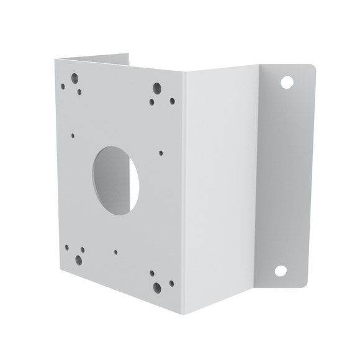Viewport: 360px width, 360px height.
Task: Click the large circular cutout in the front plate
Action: [x=115, y=181]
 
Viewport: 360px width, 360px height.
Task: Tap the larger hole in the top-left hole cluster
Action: [x=74, y=79]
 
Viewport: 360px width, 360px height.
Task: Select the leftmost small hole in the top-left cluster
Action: [x=63, y=87]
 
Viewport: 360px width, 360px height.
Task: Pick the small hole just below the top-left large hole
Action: [x=79, y=92]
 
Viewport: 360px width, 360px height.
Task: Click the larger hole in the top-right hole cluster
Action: [x=157, y=89]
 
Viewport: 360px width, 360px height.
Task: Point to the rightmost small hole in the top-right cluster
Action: [x=172, y=101]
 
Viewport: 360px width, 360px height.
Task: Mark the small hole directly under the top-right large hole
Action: [x=151, y=102]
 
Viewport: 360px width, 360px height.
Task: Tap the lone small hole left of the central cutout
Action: [x=73, y=135]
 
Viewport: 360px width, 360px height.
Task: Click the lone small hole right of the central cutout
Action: [x=161, y=153]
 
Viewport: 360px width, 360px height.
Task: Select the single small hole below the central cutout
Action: [x=115, y=253]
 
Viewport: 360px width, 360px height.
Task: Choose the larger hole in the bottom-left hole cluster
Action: [x=79, y=260]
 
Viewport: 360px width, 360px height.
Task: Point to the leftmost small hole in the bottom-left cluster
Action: [x=66, y=247]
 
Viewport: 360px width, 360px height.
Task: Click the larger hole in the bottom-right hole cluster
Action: [x=157, y=288]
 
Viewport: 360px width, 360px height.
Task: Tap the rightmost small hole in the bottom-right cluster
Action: [x=171, y=283]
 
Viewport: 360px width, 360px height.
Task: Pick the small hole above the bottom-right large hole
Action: [x=151, y=272]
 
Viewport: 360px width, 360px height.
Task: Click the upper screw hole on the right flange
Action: [x=286, y=81]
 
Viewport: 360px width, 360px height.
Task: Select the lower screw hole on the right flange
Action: [x=281, y=271]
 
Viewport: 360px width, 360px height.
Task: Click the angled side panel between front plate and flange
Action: [x=220, y=186]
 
